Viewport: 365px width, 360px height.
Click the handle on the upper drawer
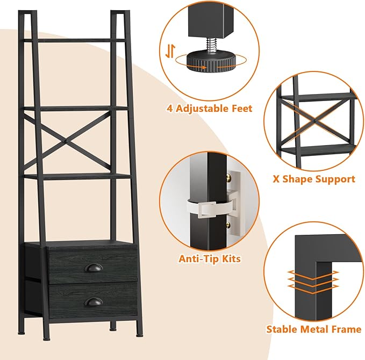tap(93, 268)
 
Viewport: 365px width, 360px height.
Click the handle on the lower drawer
tap(94, 302)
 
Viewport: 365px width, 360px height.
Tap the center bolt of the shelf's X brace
tap(66, 141)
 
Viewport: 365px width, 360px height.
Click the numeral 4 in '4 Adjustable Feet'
tap(170, 109)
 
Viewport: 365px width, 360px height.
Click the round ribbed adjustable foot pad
tap(211, 62)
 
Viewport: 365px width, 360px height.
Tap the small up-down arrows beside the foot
tap(170, 51)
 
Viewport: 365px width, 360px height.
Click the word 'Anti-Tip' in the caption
tap(198, 259)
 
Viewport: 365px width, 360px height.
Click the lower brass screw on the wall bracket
tap(228, 225)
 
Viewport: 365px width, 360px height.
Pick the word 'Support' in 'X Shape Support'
tap(335, 179)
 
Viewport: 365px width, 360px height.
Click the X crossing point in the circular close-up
tap(314, 121)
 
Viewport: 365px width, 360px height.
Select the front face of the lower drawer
tap(93, 301)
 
